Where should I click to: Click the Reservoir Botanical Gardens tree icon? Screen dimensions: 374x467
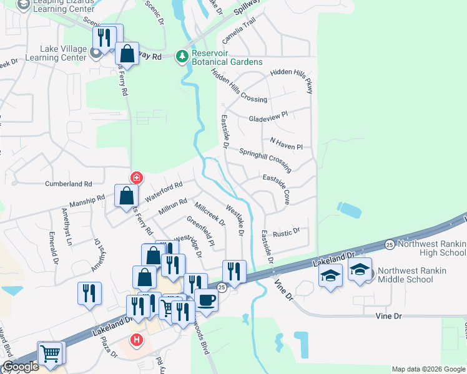coord(182,57)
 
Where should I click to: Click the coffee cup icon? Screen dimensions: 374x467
coord(207,300)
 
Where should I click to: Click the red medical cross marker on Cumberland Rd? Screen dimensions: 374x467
coord(137,178)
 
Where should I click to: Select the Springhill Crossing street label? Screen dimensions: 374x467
coord(265,160)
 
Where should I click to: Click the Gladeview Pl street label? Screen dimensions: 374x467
coord(267,116)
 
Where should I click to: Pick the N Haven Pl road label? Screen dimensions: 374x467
coord(286,143)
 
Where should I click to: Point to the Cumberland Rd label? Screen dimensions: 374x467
coord(68,184)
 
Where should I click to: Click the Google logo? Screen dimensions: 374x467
coord(21,367)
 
